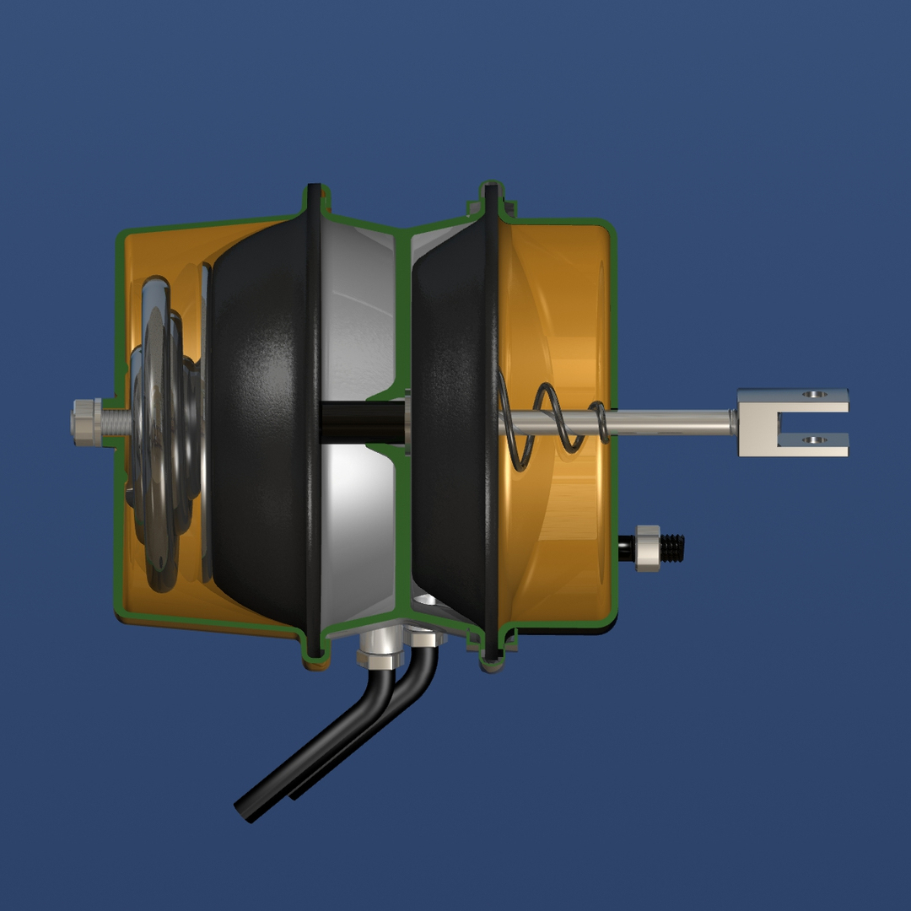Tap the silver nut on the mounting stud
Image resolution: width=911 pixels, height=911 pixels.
click(x=647, y=547)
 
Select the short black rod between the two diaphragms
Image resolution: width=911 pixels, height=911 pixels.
click(x=363, y=420)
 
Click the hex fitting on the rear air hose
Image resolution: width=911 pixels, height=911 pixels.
click(x=427, y=638)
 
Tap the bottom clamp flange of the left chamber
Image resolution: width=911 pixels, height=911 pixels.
click(x=314, y=647)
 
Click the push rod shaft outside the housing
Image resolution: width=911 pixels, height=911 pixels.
click(x=675, y=419)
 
